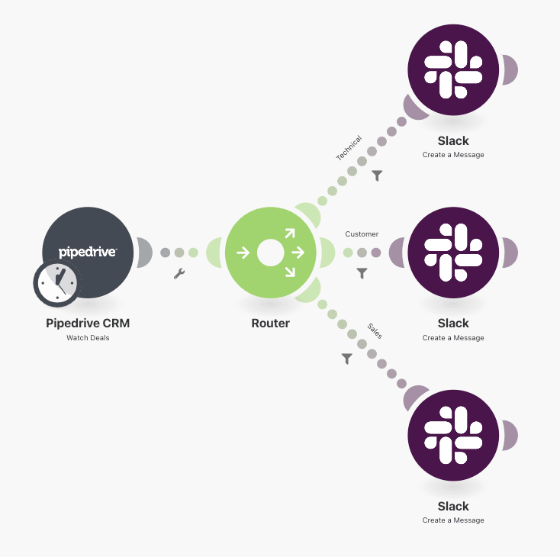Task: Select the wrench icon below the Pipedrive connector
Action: tap(179, 273)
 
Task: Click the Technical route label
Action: tap(349, 148)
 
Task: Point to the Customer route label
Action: tap(362, 234)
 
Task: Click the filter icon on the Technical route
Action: tap(377, 175)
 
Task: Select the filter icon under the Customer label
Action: tap(362, 273)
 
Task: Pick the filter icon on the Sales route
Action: tap(347, 358)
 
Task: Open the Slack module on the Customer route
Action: tap(453, 253)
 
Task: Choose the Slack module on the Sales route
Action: tap(453, 436)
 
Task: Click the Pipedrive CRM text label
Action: tap(88, 323)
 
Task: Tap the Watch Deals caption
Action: tap(88, 337)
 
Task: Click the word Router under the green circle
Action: tap(270, 323)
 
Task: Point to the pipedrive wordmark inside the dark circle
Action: tap(88, 251)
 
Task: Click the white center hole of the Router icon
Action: tap(270, 253)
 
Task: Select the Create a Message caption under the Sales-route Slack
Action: tap(453, 520)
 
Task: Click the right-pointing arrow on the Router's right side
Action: tap(298, 253)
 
